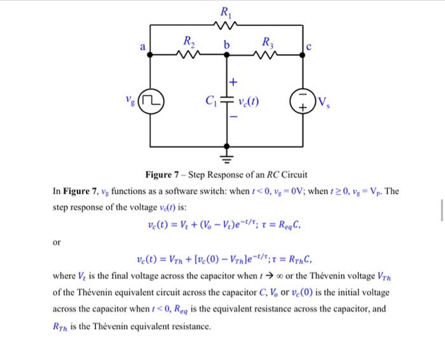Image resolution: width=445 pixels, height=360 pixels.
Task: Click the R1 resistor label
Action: [x=226, y=11]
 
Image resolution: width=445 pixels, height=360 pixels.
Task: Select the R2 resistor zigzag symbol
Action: [x=189, y=56]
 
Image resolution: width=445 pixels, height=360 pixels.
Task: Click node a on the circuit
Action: [x=151, y=55]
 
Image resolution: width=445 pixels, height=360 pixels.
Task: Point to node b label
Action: [x=226, y=45]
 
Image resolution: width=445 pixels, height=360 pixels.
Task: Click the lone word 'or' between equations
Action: [x=58, y=242]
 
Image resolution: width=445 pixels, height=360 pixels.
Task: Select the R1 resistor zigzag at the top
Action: [x=226, y=25]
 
